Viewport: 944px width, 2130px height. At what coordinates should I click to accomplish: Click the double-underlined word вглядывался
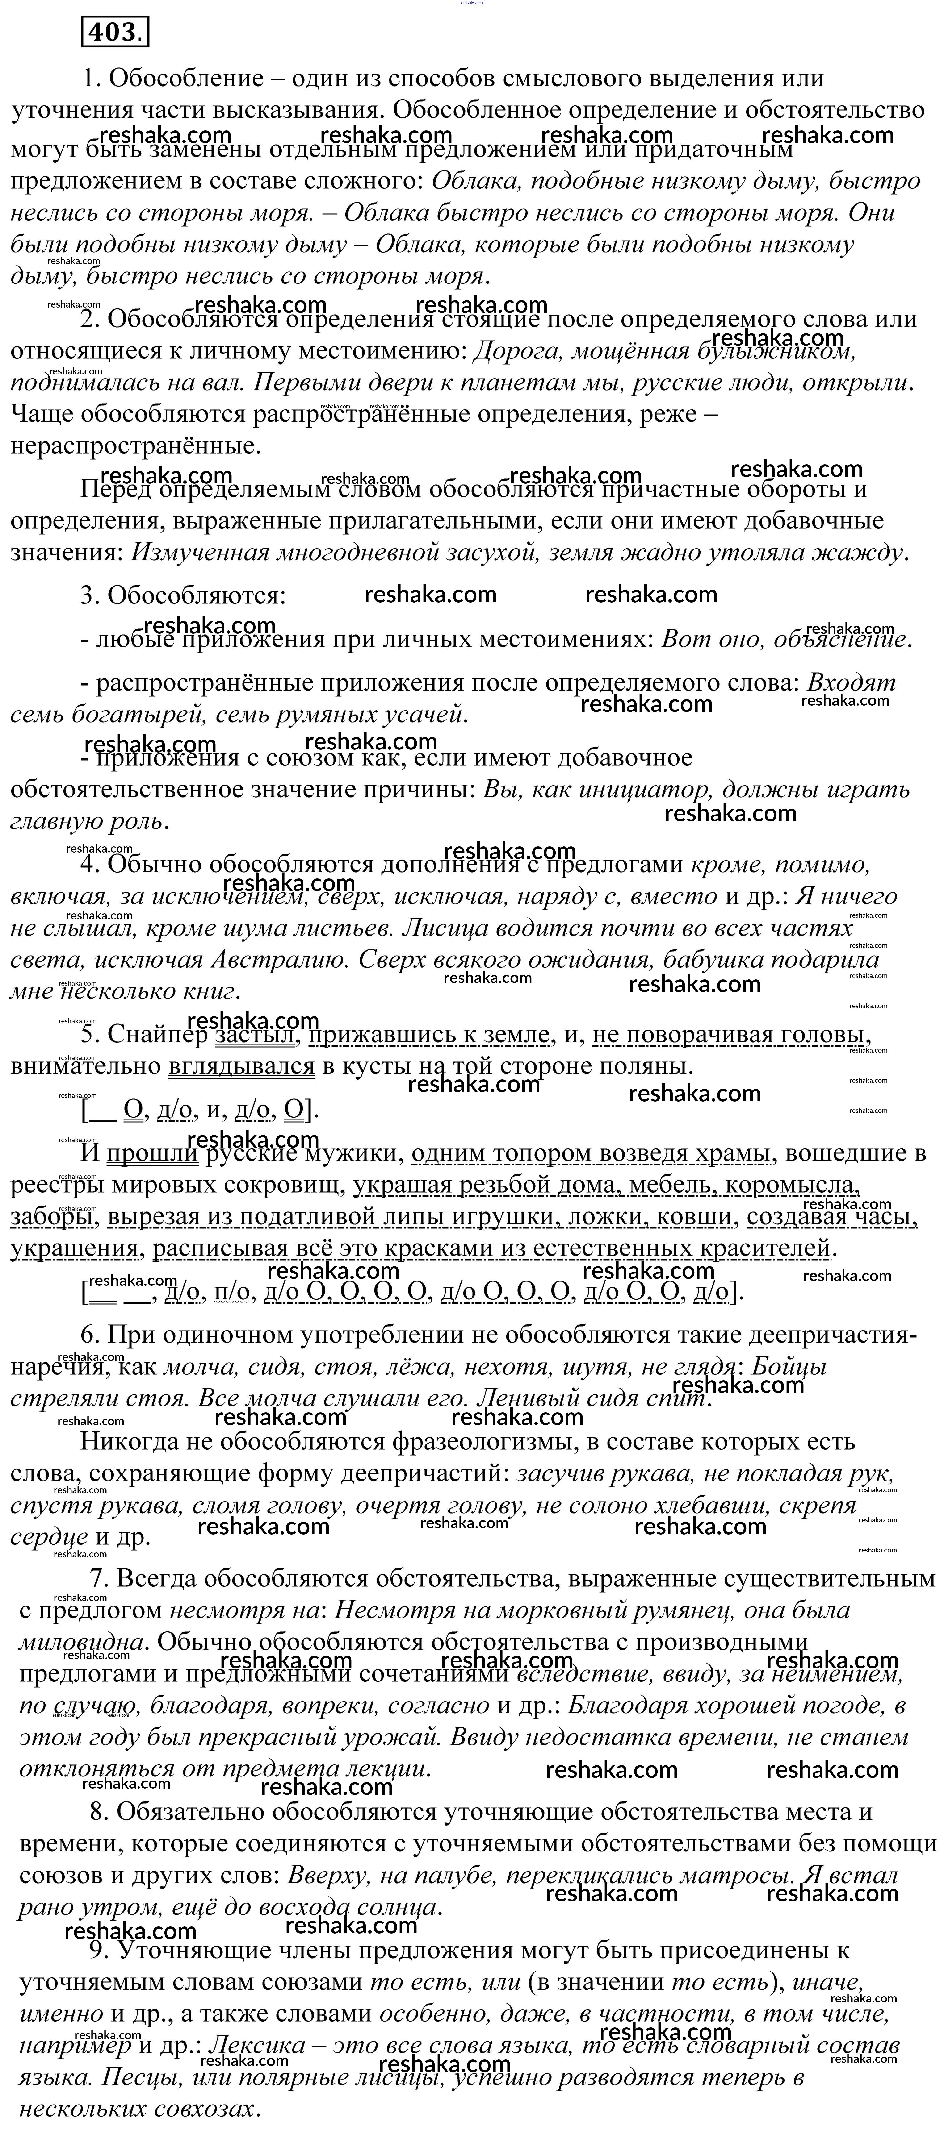[x=242, y=1067]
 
